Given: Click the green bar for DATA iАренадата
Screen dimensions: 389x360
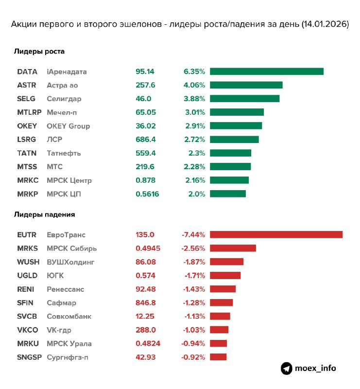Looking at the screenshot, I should (x=267, y=71).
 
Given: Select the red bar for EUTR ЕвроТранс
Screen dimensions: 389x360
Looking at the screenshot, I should (x=276, y=234).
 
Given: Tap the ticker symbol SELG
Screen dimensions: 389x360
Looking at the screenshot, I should (x=27, y=99).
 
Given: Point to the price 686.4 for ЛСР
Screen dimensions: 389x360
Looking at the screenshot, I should (x=145, y=140).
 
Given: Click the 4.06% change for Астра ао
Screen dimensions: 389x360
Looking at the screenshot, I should (x=194, y=85).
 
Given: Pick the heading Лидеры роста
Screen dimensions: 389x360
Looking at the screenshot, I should (x=39, y=51).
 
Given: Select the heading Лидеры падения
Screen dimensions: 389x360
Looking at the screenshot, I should (x=44, y=214).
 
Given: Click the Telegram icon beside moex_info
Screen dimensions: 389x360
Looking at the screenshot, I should (x=287, y=368).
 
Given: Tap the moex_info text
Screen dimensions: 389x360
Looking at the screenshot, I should (x=315, y=368).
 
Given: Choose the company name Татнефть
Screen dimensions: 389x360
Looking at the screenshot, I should (x=64, y=153).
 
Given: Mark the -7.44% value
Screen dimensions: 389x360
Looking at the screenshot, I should (x=193, y=234).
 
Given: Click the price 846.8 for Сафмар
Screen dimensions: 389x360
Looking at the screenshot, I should (x=145, y=302).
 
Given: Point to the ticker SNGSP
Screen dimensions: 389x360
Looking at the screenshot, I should (x=28, y=357).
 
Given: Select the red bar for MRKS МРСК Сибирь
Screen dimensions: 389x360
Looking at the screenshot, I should (x=233, y=248).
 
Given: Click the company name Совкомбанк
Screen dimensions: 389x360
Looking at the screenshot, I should (x=69, y=316).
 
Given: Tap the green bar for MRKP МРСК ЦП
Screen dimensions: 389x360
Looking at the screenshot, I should (x=228, y=194).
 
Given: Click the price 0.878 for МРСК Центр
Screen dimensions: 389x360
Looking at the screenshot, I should (x=145, y=180).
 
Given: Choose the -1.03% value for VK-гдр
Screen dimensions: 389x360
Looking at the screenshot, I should (x=194, y=330).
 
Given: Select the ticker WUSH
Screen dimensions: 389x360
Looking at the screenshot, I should (x=28, y=262).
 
